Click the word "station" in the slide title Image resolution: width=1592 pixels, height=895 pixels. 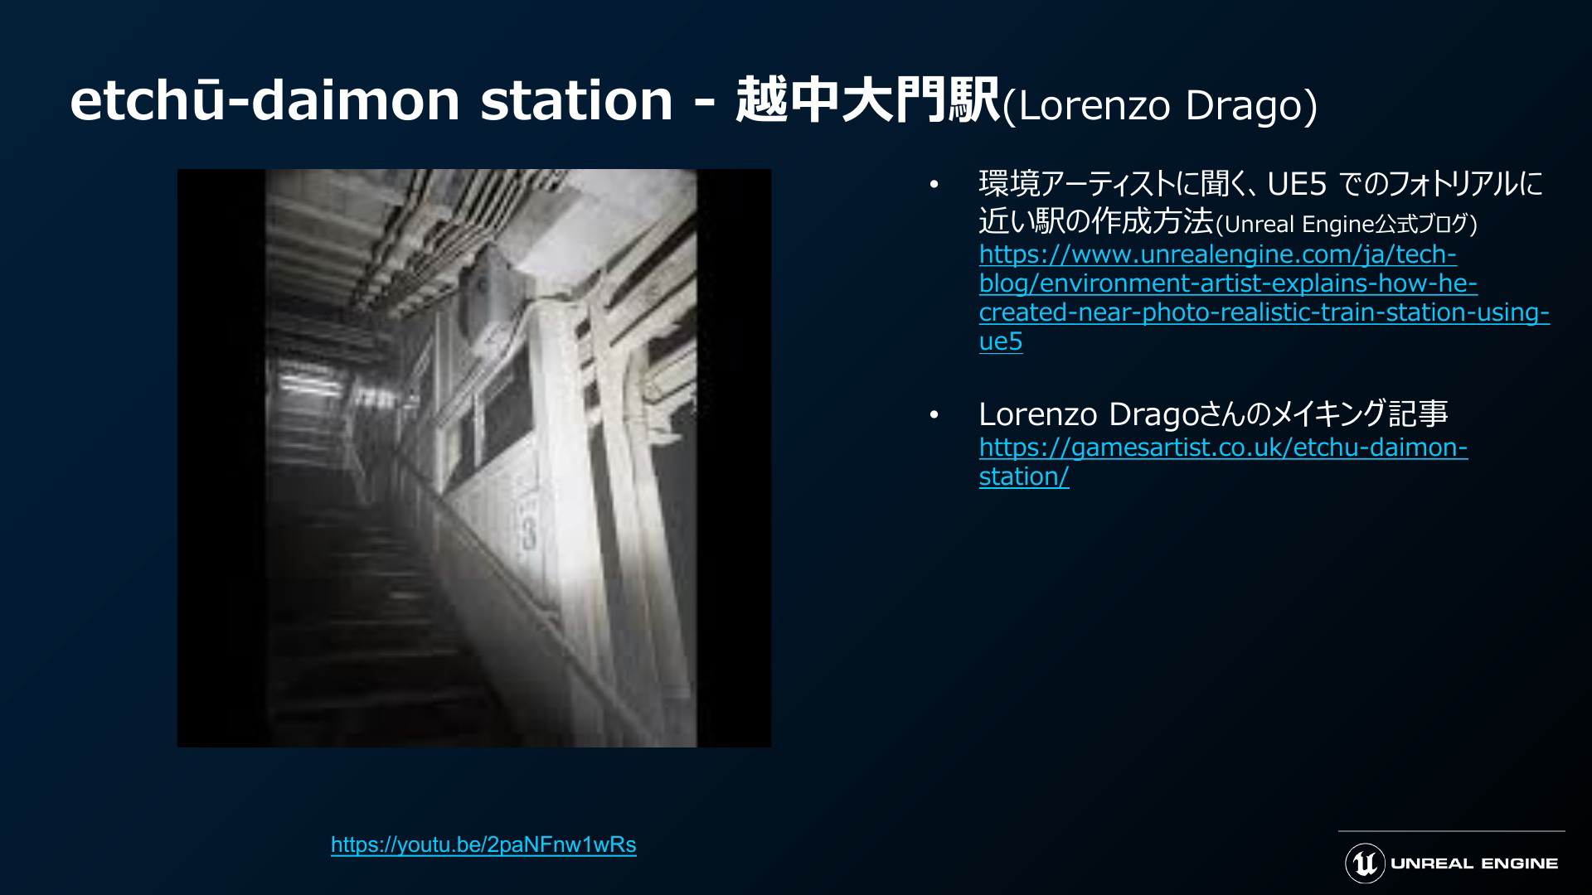point(576,101)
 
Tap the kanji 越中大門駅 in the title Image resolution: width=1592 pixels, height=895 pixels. point(868,101)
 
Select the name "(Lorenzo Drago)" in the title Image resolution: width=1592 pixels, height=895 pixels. point(1160,106)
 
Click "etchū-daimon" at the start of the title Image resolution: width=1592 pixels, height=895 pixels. point(265,101)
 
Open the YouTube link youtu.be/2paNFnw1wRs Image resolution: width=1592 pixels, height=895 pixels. point(483,844)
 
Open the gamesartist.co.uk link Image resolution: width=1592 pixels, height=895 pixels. point(1223,462)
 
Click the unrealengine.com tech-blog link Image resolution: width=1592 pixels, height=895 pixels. point(1264,298)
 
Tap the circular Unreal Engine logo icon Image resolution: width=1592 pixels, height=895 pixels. point(1365,864)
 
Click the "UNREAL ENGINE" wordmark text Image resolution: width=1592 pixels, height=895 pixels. point(1474,864)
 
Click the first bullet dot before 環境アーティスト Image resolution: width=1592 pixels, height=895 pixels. point(934,185)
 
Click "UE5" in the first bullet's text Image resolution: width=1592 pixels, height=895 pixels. point(1297,184)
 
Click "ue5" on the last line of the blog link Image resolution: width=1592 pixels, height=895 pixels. point(1001,341)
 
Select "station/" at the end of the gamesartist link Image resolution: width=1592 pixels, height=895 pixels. point(1024,477)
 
